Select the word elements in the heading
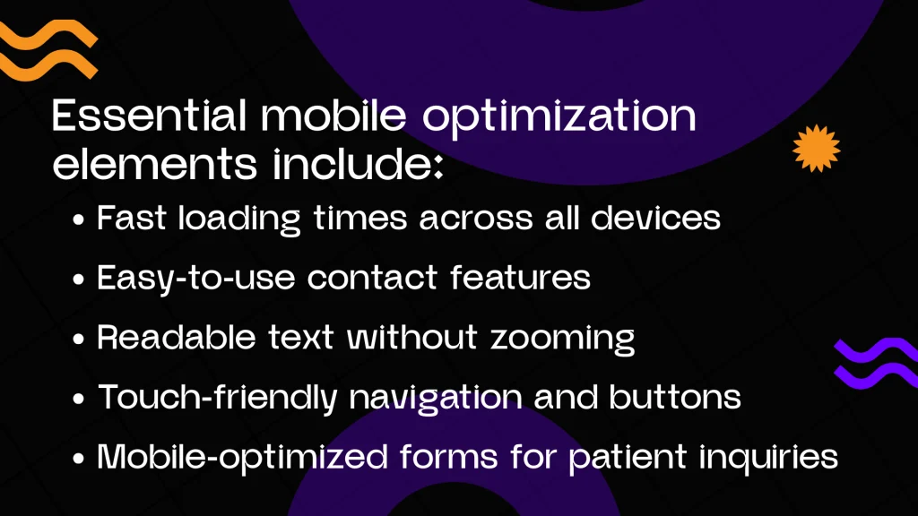tap(154, 164)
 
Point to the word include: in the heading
tap(358, 164)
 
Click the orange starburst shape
tap(816, 149)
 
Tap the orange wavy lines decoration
tap(48, 50)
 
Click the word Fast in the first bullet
tap(132, 219)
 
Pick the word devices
tap(655, 219)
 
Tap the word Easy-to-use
tap(196, 279)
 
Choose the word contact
tap(372, 278)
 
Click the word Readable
tap(177, 338)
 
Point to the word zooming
tap(563, 340)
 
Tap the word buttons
tap(675, 397)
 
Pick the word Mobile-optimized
tap(242, 458)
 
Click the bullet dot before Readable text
tap(79, 339)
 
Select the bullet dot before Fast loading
tap(79, 220)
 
